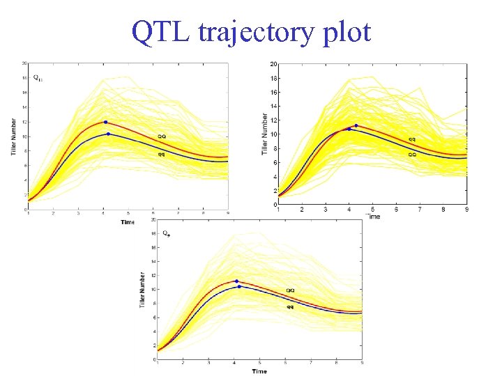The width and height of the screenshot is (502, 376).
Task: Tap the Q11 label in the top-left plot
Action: coord(38,77)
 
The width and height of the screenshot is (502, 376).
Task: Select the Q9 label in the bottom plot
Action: coord(166,233)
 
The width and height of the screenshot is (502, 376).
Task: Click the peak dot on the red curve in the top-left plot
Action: coord(105,122)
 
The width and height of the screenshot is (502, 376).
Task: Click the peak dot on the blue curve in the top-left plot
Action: coord(108,134)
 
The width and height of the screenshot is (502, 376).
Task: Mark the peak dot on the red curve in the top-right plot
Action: coord(356,126)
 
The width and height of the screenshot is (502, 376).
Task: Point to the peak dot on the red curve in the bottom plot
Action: coord(236,281)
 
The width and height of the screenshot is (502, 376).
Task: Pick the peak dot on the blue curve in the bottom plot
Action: coord(239,286)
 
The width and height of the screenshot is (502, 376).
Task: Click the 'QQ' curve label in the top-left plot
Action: coord(161,136)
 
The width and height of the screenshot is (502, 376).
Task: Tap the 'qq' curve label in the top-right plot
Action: coord(412,139)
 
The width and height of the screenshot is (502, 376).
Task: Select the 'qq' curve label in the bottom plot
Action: coord(289,306)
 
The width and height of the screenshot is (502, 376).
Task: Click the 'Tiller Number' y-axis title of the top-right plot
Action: coord(265,134)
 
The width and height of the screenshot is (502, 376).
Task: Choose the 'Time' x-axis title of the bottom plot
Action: coord(259,371)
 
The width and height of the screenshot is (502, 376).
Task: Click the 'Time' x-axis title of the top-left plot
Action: coord(128,222)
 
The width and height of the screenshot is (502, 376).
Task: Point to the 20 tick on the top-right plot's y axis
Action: coord(274,64)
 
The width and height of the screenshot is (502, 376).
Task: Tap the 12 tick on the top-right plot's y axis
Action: coord(274,120)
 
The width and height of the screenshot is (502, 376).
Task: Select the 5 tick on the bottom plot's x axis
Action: coord(259,363)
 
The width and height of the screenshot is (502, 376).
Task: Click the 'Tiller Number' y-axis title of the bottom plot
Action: coord(143,288)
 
